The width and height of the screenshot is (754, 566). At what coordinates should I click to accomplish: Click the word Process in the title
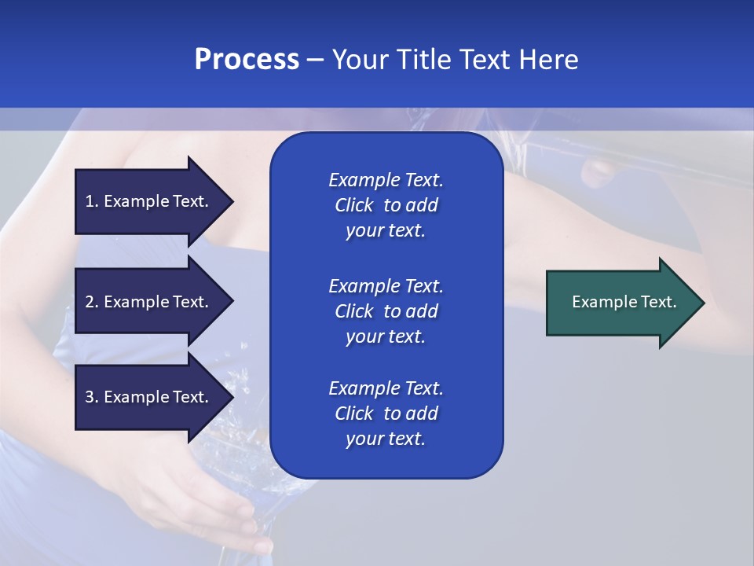(247, 60)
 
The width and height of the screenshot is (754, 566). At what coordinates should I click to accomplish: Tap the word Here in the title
(547, 60)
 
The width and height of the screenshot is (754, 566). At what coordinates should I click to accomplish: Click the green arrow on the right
(620, 303)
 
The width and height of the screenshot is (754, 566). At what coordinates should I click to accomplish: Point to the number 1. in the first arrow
(92, 201)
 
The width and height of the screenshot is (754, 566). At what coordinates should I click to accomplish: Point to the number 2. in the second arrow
(92, 302)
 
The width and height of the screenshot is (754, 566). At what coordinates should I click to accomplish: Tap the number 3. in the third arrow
(92, 397)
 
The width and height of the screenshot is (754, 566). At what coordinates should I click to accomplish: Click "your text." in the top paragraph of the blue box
(386, 231)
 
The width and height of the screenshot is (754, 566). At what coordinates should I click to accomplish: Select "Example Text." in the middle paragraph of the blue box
(386, 286)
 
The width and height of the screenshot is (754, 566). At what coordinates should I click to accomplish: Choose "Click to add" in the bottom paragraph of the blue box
(386, 413)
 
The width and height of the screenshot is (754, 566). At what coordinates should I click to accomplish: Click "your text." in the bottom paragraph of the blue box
(386, 439)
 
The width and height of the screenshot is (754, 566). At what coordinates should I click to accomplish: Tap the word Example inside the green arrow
(599, 302)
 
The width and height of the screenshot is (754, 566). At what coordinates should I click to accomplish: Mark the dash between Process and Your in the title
(315, 60)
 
